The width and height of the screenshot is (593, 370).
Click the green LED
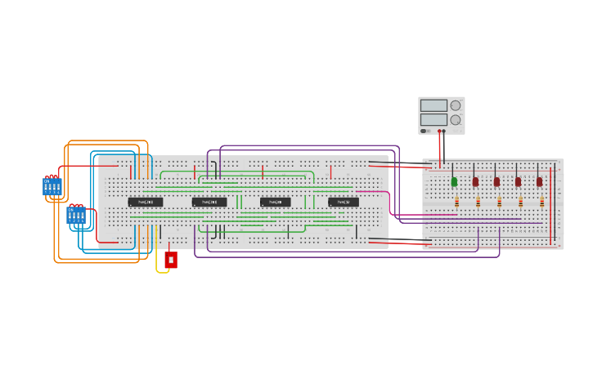pos(454,181)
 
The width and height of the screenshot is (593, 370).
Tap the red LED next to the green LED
pos(475,181)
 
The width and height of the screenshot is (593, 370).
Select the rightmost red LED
pos(539,181)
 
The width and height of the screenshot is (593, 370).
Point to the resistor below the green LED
pos(456,202)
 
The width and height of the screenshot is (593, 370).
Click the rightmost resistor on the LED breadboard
pos(541,202)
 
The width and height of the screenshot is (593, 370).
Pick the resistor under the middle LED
pos(499,202)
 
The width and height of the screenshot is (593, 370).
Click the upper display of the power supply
pos(434,105)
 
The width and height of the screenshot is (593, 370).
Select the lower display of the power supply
pos(434,119)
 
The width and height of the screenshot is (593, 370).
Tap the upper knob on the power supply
pos(456,105)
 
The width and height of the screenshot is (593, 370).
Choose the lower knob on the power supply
pos(456,119)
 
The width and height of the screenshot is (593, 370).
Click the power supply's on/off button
pos(424,131)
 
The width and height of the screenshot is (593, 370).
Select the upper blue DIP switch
pos(52,186)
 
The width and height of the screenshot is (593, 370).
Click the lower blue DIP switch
pos(76,216)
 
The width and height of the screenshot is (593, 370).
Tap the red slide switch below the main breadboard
pos(171,260)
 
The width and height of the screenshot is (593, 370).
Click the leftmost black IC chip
pos(145,202)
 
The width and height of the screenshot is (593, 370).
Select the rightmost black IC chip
pos(344,202)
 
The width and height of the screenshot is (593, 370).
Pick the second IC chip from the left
pos(209,202)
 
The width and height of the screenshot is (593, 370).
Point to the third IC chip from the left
pos(276,202)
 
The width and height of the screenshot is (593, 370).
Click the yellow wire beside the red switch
pos(158,263)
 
